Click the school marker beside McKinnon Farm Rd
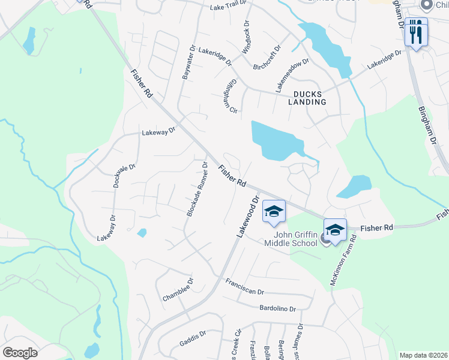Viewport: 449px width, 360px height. coord(335,230)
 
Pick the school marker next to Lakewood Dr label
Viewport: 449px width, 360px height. coord(274,212)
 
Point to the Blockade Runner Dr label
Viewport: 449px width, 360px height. coord(197,189)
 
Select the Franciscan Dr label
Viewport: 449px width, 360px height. coord(245,287)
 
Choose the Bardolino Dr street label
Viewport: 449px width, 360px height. coord(277,308)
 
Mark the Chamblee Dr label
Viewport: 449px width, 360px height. coord(178,290)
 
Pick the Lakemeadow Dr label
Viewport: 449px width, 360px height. coord(292,75)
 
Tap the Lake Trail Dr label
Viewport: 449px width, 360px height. coord(229,7)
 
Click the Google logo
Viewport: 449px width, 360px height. coord(20,353)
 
